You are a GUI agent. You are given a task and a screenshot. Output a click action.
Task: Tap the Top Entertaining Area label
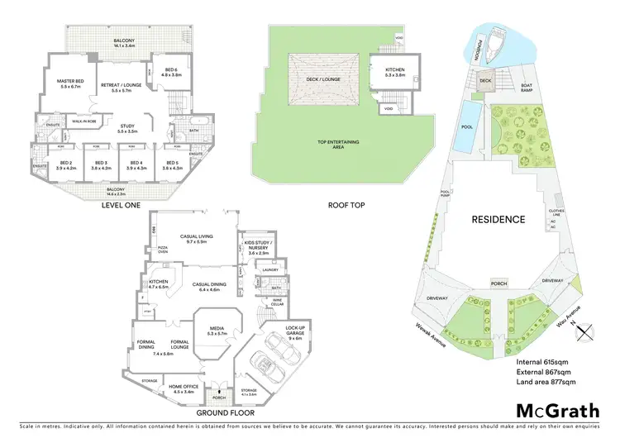tap(339, 144)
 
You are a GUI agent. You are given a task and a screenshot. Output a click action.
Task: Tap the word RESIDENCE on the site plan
tap(498, 219)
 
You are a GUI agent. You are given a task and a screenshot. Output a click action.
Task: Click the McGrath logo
tap(558, 410)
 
